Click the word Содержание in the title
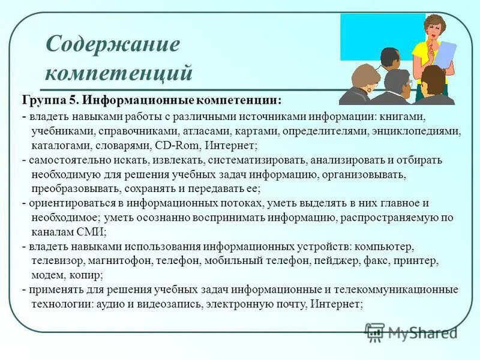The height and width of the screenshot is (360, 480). click(x=113, y=44)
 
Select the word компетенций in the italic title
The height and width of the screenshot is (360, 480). click(x=119, y=73)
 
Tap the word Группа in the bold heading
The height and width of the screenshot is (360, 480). click(x=41, y=98)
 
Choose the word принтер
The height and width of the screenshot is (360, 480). click(x=418, y=261)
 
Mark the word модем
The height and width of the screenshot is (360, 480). click(x=48, y=275)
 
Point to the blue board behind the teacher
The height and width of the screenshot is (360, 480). click(x=372, y=36)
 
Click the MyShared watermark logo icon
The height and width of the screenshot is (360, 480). click(x=375, y=332)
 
